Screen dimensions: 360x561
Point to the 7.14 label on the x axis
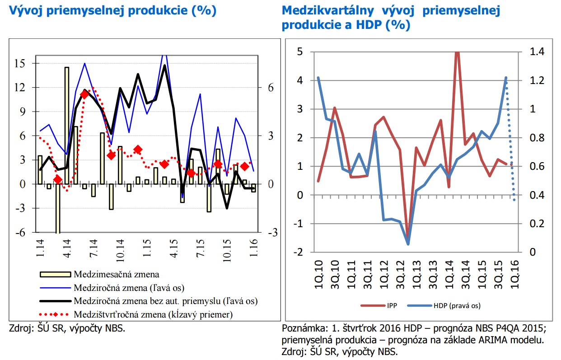[94, 252]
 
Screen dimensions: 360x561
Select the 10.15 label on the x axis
[227, 252]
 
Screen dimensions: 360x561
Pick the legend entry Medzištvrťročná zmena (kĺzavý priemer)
[153, 313]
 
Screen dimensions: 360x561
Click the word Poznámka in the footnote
[301, 327]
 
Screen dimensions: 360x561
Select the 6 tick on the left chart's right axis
[271, 87]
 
